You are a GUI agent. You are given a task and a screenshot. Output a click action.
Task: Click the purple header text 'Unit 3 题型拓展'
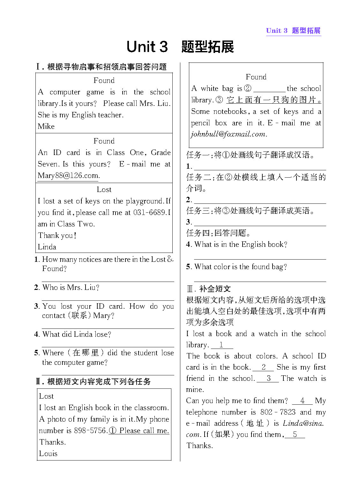(x=293, y=31)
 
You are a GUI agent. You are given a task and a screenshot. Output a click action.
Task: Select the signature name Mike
(x=46, y=126)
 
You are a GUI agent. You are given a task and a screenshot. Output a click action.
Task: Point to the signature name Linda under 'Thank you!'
(x=47, y=247)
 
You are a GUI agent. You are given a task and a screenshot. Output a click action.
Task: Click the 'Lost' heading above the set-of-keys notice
(x=104, y=190)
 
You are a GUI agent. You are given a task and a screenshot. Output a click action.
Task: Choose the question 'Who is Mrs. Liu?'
(x=71, y=287)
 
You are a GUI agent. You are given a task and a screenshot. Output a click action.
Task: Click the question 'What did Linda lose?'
(x=76, y=334)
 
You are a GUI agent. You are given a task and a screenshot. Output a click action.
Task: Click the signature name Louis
(x=48, y=453)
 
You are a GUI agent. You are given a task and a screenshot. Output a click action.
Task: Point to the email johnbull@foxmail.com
(x=228, y=134)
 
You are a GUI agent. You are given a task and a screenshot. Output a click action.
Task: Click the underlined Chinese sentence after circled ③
(x=274, y=100)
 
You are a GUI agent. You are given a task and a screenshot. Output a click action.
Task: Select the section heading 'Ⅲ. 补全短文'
(x=209, y=289)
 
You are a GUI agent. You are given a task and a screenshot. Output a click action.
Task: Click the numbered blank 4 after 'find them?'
(x=302, y=401)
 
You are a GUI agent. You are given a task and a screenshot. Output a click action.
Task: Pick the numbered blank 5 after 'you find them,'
(x=295, y=434)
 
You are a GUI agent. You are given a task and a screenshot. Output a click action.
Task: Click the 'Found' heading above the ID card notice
(x=104, y=141)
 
